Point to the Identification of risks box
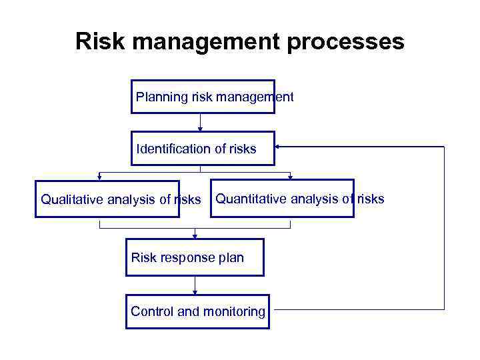(x=203, y=148)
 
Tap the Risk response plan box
(x=195, y=257)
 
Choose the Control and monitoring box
(x=197, y=311)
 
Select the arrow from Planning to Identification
(x=200, y=122)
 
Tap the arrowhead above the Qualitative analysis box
(x=99, y=177)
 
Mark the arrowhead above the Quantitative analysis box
(x=291, y=177)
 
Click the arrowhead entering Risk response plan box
(x=195, y=235)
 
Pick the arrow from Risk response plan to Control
(x=195, y=285)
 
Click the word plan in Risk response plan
(x=231, y=258)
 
